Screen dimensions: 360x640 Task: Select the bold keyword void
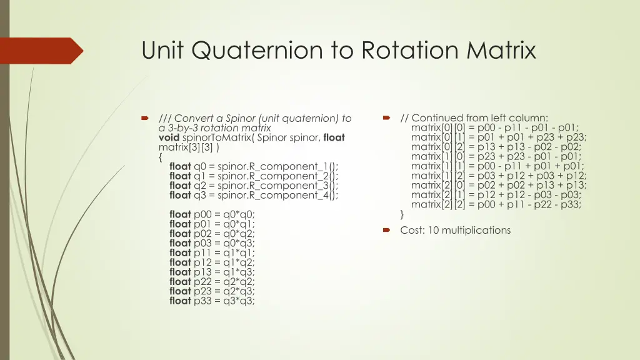[x=169, y=137]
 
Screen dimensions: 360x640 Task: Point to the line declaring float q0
[x=254, y=166]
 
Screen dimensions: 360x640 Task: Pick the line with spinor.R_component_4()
[x=254, y=195]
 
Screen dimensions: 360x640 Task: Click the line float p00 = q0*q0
[x=212, y=214]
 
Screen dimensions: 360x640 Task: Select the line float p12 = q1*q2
[x=212, y=262]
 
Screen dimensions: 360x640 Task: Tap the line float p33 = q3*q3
[x=212, y=301]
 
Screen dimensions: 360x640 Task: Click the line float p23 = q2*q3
[x=212, y=291]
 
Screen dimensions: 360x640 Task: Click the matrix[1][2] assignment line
[x=499, y=176]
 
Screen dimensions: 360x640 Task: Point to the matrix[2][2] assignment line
[x=496, y=204]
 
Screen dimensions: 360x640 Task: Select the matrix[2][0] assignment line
[x=499, y=185]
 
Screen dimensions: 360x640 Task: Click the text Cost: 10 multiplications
[x=455, y=231]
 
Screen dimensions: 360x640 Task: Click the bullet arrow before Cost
[x=386, y=231]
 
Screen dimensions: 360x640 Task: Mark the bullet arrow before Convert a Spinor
[x=144, y=118]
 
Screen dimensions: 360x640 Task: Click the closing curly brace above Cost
[x=402, y=214]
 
